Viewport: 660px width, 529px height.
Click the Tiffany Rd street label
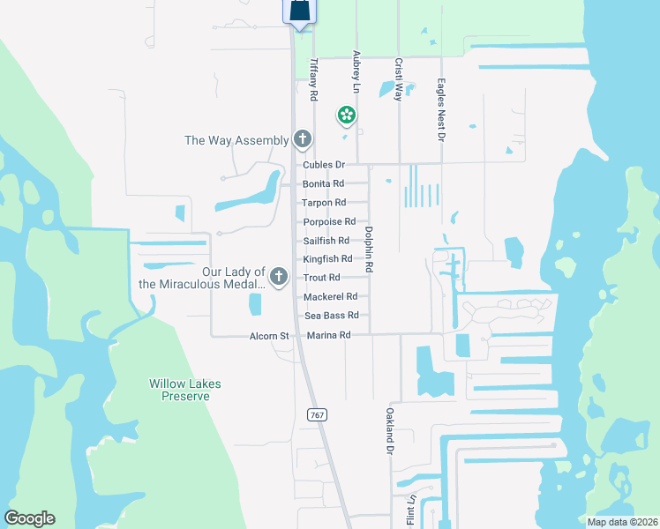(x=313, y=80)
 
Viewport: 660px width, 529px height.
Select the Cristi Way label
(x=398, y=80)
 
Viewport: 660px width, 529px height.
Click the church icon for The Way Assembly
(x=303, y=139)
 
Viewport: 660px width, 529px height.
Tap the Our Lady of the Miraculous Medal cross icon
(x=279, y=278)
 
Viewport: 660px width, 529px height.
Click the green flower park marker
(x=347, y=115)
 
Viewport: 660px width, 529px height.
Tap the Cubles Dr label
(x=323, y=165)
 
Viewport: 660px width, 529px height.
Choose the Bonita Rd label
(x=323, y=183)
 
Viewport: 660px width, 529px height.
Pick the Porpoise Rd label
(x=329, y=221)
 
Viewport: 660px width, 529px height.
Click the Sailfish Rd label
(x=326, y=240)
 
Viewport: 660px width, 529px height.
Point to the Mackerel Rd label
(x=330, y=296)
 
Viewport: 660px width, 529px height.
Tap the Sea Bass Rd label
(x=332, y=315)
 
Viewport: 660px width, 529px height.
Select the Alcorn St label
(x=269, y=336)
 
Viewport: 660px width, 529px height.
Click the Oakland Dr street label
(x=388, y=431)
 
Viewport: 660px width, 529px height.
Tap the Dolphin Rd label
(x=369, y=250)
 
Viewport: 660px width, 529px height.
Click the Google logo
(x=29, y=518)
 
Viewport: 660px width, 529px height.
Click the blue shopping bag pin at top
(x=299, y=11)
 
